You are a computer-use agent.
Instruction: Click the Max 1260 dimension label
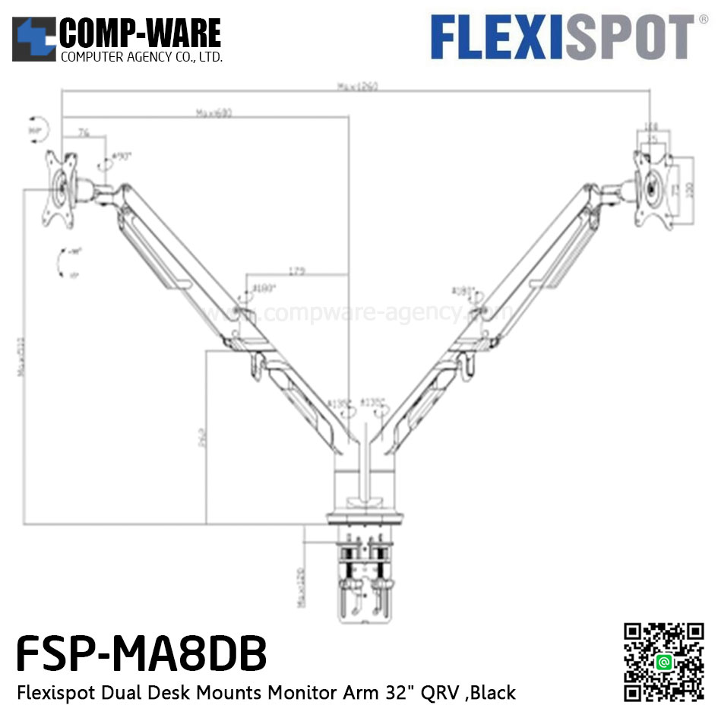358,86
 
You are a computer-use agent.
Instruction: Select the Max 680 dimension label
214,113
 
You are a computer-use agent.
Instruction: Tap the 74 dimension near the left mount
84,132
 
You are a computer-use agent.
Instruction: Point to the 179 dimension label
297,270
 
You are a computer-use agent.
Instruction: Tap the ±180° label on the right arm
463,291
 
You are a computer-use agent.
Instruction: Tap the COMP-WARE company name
140,33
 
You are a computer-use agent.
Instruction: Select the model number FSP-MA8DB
141,653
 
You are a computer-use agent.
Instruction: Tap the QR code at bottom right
664,662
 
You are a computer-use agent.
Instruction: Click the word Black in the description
489,692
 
